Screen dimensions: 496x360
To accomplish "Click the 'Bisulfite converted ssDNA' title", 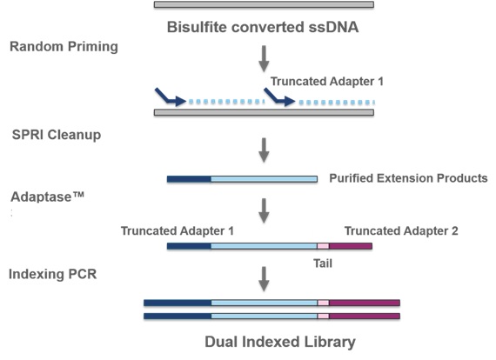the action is click(x=263, y=27).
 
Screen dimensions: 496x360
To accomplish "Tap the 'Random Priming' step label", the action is click(x=64, y=47).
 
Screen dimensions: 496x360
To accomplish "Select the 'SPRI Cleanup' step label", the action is click(x=57, y=135).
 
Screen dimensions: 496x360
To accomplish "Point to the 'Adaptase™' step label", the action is click(x=48, y=197).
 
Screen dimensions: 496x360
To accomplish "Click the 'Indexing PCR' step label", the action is click(x=52, y=274).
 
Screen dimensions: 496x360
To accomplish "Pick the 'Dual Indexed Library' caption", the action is click(x=280, y=342).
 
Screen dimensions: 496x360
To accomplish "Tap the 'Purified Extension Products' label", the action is click(x=408, y=178).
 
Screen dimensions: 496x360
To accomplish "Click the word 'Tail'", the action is click(x=323, y=263).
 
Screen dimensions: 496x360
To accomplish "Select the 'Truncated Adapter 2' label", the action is click(x=401, y=230).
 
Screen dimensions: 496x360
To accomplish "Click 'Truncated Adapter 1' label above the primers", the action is click(x=327, y=81).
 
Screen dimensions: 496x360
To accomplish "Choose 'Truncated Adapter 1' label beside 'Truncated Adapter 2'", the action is click(x=178, y=230).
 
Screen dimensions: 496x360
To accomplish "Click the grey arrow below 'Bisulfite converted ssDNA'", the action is click(x=264, y=59).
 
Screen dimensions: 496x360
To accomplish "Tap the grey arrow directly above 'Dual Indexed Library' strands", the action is click(x=264, y=279).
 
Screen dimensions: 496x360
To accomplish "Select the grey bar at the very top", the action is click(x=264, y=4).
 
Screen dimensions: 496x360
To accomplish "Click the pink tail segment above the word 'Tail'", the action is click(x=323, y=246).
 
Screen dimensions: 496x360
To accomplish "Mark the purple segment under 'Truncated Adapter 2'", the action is click(x=351, y=246).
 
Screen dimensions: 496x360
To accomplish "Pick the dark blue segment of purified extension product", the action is click(x=189, y=179).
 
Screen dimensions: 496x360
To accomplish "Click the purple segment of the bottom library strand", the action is click(x=365, y=316).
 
